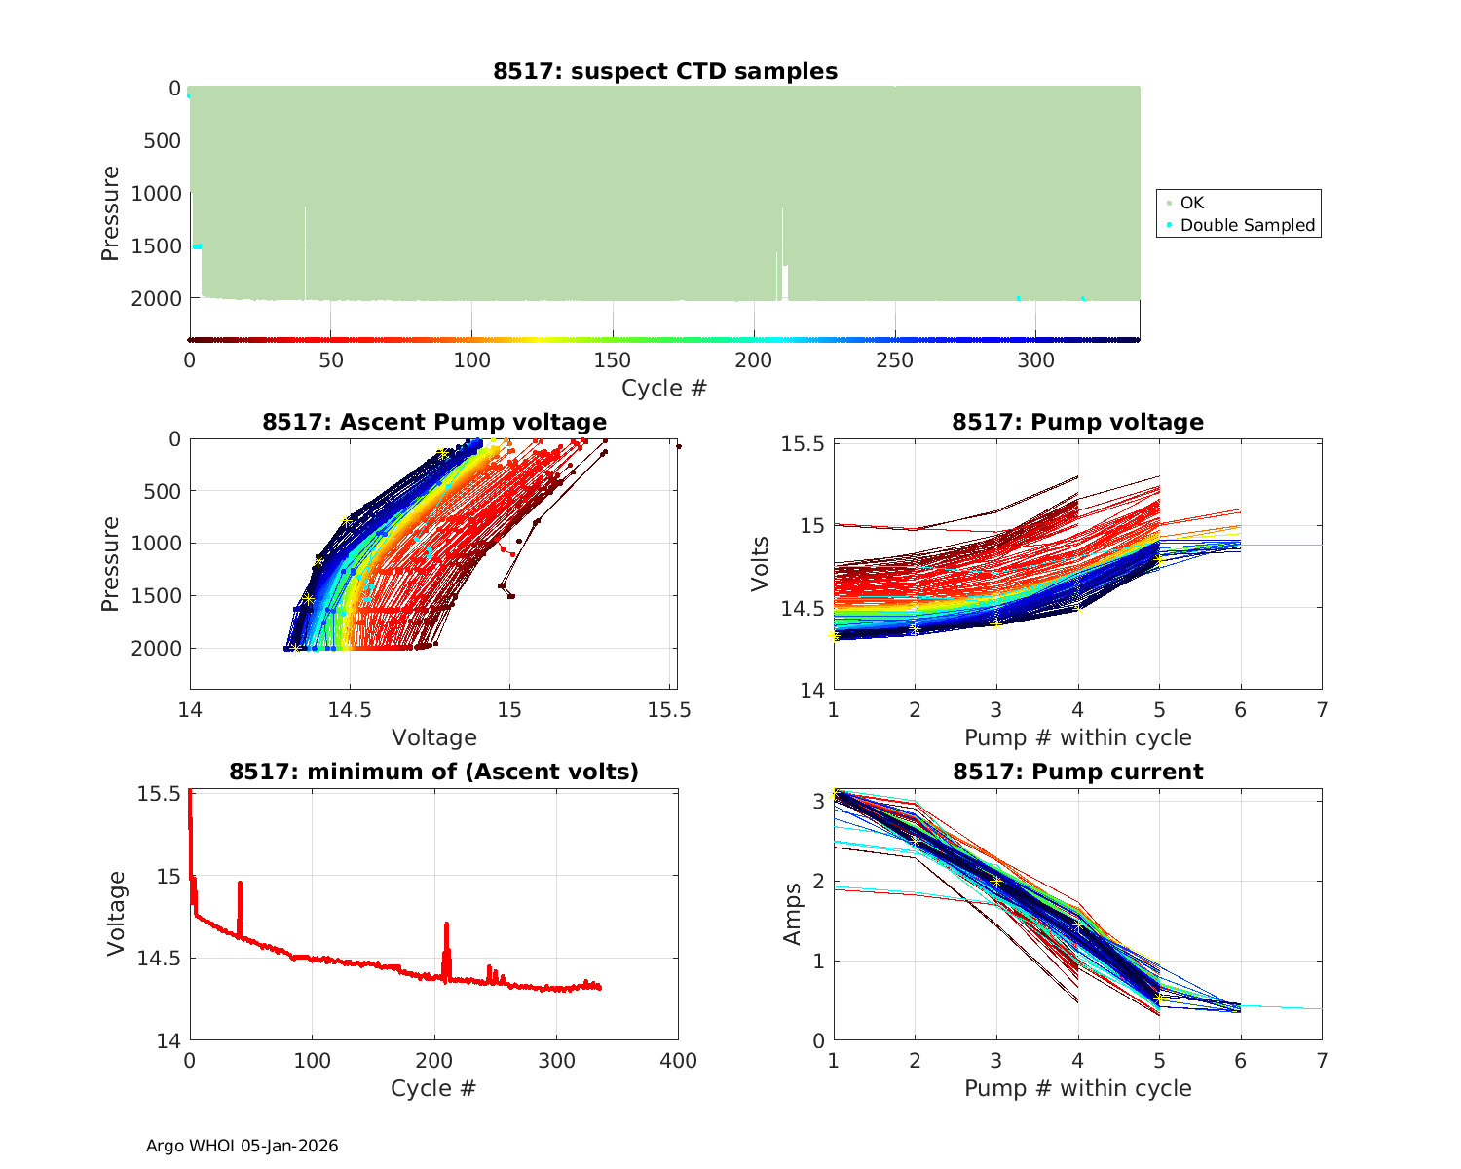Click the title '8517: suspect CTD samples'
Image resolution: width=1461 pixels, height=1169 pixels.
coord(665,71)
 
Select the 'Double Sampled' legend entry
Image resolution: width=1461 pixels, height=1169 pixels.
coord(1247,225)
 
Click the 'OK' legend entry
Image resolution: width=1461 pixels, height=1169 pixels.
coord(1191,203)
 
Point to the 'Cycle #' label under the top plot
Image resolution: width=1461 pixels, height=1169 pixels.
coord(664,388)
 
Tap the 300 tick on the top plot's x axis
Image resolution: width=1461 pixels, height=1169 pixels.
coord(1035,360)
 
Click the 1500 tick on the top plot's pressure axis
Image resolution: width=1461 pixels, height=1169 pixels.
coord(156,245)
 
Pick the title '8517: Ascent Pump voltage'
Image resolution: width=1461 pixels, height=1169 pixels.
coord(434,422)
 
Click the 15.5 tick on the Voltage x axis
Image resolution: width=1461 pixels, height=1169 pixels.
coord(669,710)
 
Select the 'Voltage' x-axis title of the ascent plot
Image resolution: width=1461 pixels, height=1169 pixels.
coord(434,737)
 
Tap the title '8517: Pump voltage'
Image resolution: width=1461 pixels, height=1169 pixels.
coord(1077,422)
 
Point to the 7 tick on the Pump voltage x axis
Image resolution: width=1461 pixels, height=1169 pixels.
coord(1322,710)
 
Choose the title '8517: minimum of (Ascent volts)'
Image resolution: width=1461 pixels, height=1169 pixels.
coord(434,772)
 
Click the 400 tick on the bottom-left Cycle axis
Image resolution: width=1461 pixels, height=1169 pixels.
coord(678,1061)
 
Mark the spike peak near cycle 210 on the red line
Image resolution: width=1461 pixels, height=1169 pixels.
coord(446,924)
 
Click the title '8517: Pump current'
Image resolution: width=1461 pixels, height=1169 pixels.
coord(1077,772)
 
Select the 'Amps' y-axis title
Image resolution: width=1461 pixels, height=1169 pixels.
coord(793,913)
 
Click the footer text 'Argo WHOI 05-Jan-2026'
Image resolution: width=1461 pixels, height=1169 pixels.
coord(243,1146)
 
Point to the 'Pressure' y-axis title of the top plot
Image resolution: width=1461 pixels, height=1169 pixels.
coord(110,213)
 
